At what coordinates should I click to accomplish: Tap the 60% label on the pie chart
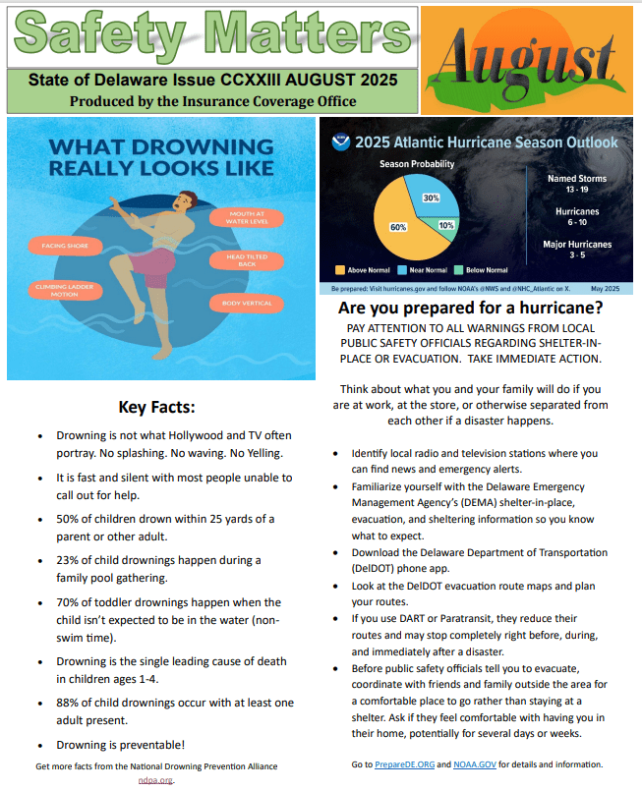tap(398, 226)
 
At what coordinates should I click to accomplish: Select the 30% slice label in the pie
tap(431, 198)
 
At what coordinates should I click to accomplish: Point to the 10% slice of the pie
tap(445, 225)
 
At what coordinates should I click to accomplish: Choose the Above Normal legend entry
tap(363, 270)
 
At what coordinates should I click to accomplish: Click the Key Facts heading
tap(157, 406)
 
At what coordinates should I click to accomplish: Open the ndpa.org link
tap(156, 779)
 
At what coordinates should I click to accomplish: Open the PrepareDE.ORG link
tap(403, 764)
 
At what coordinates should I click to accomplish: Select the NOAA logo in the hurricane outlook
tap(339, 141)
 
